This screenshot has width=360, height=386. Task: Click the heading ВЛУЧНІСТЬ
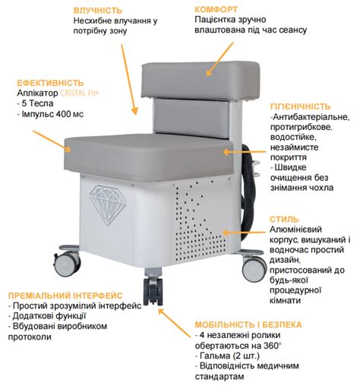pos(98,11)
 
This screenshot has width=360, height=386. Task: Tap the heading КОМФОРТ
pos(216,9)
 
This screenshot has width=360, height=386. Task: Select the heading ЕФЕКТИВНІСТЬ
pos(50,83)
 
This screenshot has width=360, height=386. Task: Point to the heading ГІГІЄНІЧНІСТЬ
pos(300,106)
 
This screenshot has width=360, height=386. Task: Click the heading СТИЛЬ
pos(284,219)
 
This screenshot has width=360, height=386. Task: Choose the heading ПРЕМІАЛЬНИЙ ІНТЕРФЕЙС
pos(65,296)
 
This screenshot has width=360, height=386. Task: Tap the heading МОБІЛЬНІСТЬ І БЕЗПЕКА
pos(248,324)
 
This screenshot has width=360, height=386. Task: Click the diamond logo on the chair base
pos(108,204)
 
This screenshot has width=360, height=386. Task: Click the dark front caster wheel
pos(153,291)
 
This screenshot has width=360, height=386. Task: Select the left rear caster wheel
pos(67,264)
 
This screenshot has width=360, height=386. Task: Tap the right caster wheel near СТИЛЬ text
pos(254,268)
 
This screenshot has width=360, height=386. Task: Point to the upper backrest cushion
pos(201,80)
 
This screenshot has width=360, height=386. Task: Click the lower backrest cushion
pos(192,118)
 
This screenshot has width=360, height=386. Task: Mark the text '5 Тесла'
pos(36,103)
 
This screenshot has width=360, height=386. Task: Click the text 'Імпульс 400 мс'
pos(50,114)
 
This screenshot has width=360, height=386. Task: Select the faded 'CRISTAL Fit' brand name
pos(79,93)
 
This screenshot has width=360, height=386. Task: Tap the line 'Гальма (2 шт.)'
pos(227,356)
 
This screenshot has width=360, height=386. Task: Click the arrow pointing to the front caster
pos(175,323)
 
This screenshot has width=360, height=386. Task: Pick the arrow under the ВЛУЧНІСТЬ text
pos(129,80)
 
